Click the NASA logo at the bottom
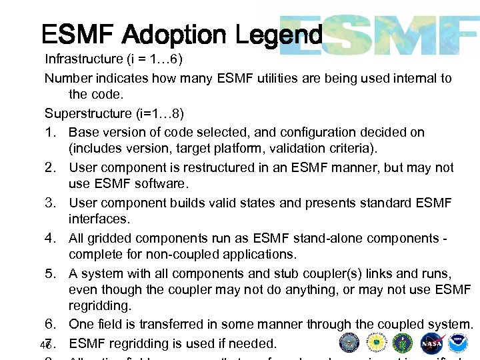click(431, 343)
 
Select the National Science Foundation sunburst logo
click(375, 343)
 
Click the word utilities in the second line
click(279, 78)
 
